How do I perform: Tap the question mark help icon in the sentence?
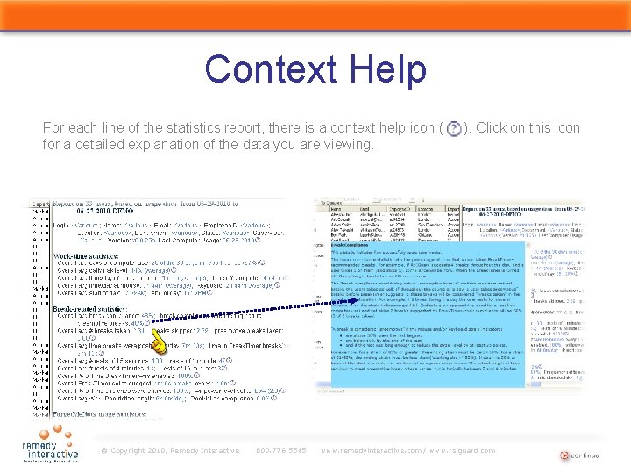point(452,128)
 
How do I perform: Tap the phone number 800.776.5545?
point(280,451)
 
